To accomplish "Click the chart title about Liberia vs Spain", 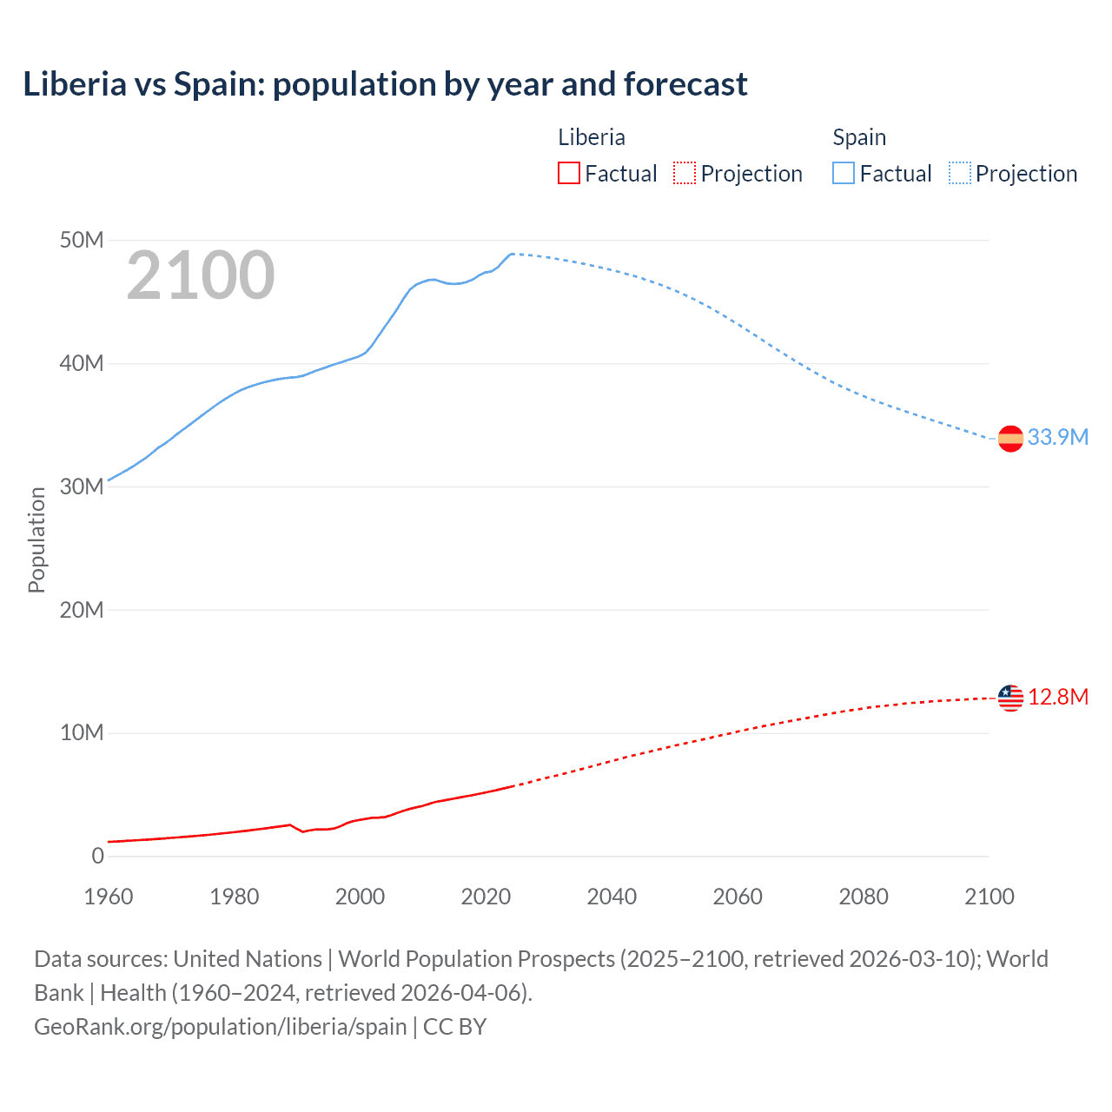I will click(x=385, y=84).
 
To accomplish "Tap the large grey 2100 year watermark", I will click(x=201, y=275).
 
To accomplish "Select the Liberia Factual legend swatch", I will click(x=568, y=174).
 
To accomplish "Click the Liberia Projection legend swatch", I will click(x=685, y=174).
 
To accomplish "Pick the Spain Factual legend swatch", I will click(x=844, y=174).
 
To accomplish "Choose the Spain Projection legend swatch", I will click(x=960, y=174).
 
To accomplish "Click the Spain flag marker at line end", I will click(x=1010, y=440).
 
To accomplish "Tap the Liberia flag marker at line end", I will click(x=1010, y=698).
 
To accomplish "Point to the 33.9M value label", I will click(x=1057, y=437).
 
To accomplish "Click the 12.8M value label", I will click(x=1057, y=698).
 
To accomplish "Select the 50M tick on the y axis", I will click(x=82, y=241).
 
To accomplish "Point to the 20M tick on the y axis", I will click(x=82, y=610).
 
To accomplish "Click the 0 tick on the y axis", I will click(x=97, y=857).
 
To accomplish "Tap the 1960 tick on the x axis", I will click(x=109, y=897).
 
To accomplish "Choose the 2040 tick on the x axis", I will click(x=612, y=897).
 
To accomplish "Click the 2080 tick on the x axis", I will click(x=864, y=897).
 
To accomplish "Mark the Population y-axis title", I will click(x=36, y=539).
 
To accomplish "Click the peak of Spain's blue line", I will click(x=512, y=254).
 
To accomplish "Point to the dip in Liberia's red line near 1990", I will click(x=303, y=832).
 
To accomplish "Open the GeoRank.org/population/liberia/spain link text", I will click(x=220, y=1027).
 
